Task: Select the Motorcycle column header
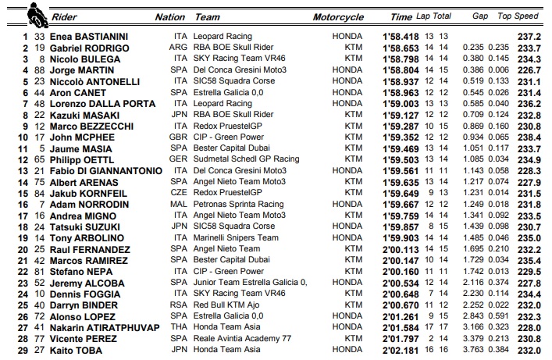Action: pos(338,16)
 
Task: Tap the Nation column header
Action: pos(170,16)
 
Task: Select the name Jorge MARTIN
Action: pos(79,69)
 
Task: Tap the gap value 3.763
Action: pos(472,350)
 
